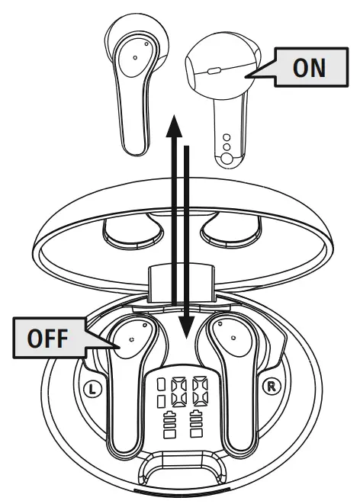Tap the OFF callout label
(x=48, y=338)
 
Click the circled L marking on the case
(x=92, y=390)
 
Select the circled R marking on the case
(x=272, y=386)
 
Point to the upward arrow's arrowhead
(x=174, y=126)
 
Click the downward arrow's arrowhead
(x=186, y=327)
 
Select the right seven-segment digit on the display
(x=200, y=392)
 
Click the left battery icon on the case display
(x=169, y=424)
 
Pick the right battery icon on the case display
(x=196, y=424)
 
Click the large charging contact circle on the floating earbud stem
(x=227, y=159)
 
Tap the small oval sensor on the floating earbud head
(x=214, y=71)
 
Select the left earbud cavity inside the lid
(x=133, y=230)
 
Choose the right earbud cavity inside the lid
(x=231, y=230)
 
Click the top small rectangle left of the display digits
(x=161, y=384)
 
